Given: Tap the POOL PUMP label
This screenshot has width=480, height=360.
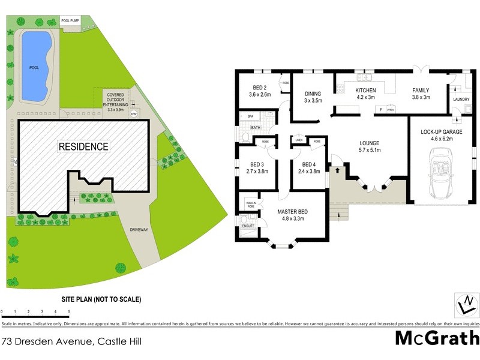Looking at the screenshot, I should [x=70, y=21].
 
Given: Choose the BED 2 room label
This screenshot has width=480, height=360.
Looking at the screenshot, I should [x=260, y=91].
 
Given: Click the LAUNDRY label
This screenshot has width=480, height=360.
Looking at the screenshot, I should [x=461, y=100].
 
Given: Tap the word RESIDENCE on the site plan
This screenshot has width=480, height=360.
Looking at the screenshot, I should [x=83, y=146].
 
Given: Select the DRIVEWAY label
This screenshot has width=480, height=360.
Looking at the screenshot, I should [x=143, y=229].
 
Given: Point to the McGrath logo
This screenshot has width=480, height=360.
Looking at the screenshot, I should [x=437, y=338].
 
